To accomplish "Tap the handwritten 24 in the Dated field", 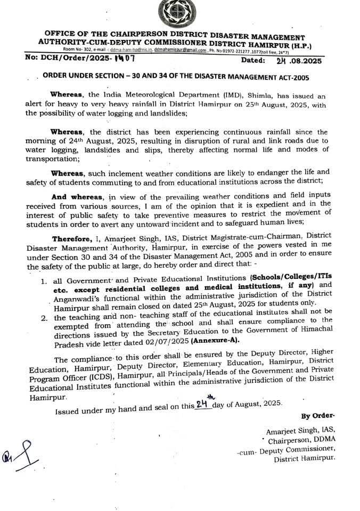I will pyautogui.click(x=276, y=61).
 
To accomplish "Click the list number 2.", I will pyautogui.click(x=44, y=319).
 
